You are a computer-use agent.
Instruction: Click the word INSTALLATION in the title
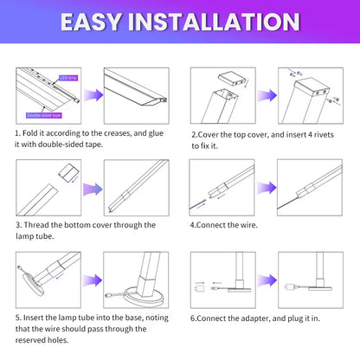216,22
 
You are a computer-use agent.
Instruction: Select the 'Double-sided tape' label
44,113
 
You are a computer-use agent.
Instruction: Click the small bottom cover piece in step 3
67,174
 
